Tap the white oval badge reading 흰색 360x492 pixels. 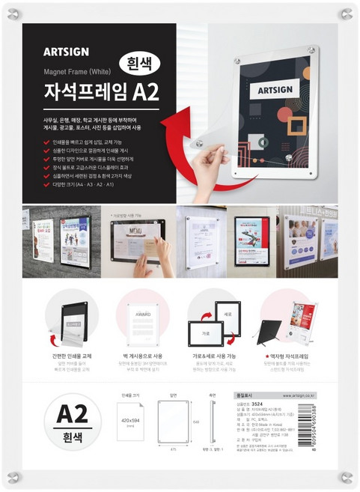click(141, 66)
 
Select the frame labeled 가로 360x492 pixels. click(205, 330)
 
